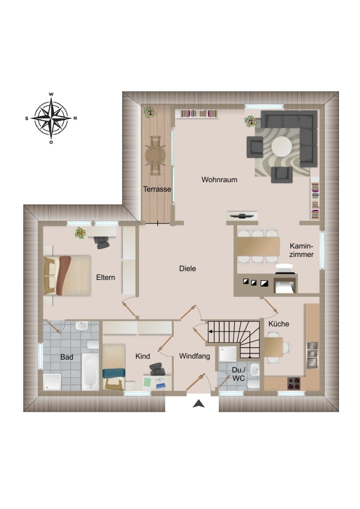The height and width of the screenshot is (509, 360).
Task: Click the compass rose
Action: [52, 119]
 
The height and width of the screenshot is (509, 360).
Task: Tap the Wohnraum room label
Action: [219, 179]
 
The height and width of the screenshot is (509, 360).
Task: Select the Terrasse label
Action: [157, 189]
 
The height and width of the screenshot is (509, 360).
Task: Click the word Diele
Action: [187, 269]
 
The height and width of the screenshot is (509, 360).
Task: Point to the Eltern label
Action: [106, 277]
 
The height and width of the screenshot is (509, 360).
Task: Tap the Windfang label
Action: [195, 356]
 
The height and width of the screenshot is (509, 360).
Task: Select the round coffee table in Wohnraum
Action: [282, 146]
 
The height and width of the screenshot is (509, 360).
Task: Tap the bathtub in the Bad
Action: [91, 372]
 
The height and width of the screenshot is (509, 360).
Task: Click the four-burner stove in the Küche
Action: [294, 383]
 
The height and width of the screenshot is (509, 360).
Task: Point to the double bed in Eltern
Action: [67, 275]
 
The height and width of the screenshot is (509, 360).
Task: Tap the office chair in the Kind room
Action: [157, 369]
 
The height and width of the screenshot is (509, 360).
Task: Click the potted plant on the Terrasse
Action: [150, 112]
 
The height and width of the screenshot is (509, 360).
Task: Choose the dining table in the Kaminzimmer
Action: [258, 247]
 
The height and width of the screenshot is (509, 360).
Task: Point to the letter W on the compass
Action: [52, 94]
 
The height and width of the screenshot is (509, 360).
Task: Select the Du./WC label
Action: [239, 374]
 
